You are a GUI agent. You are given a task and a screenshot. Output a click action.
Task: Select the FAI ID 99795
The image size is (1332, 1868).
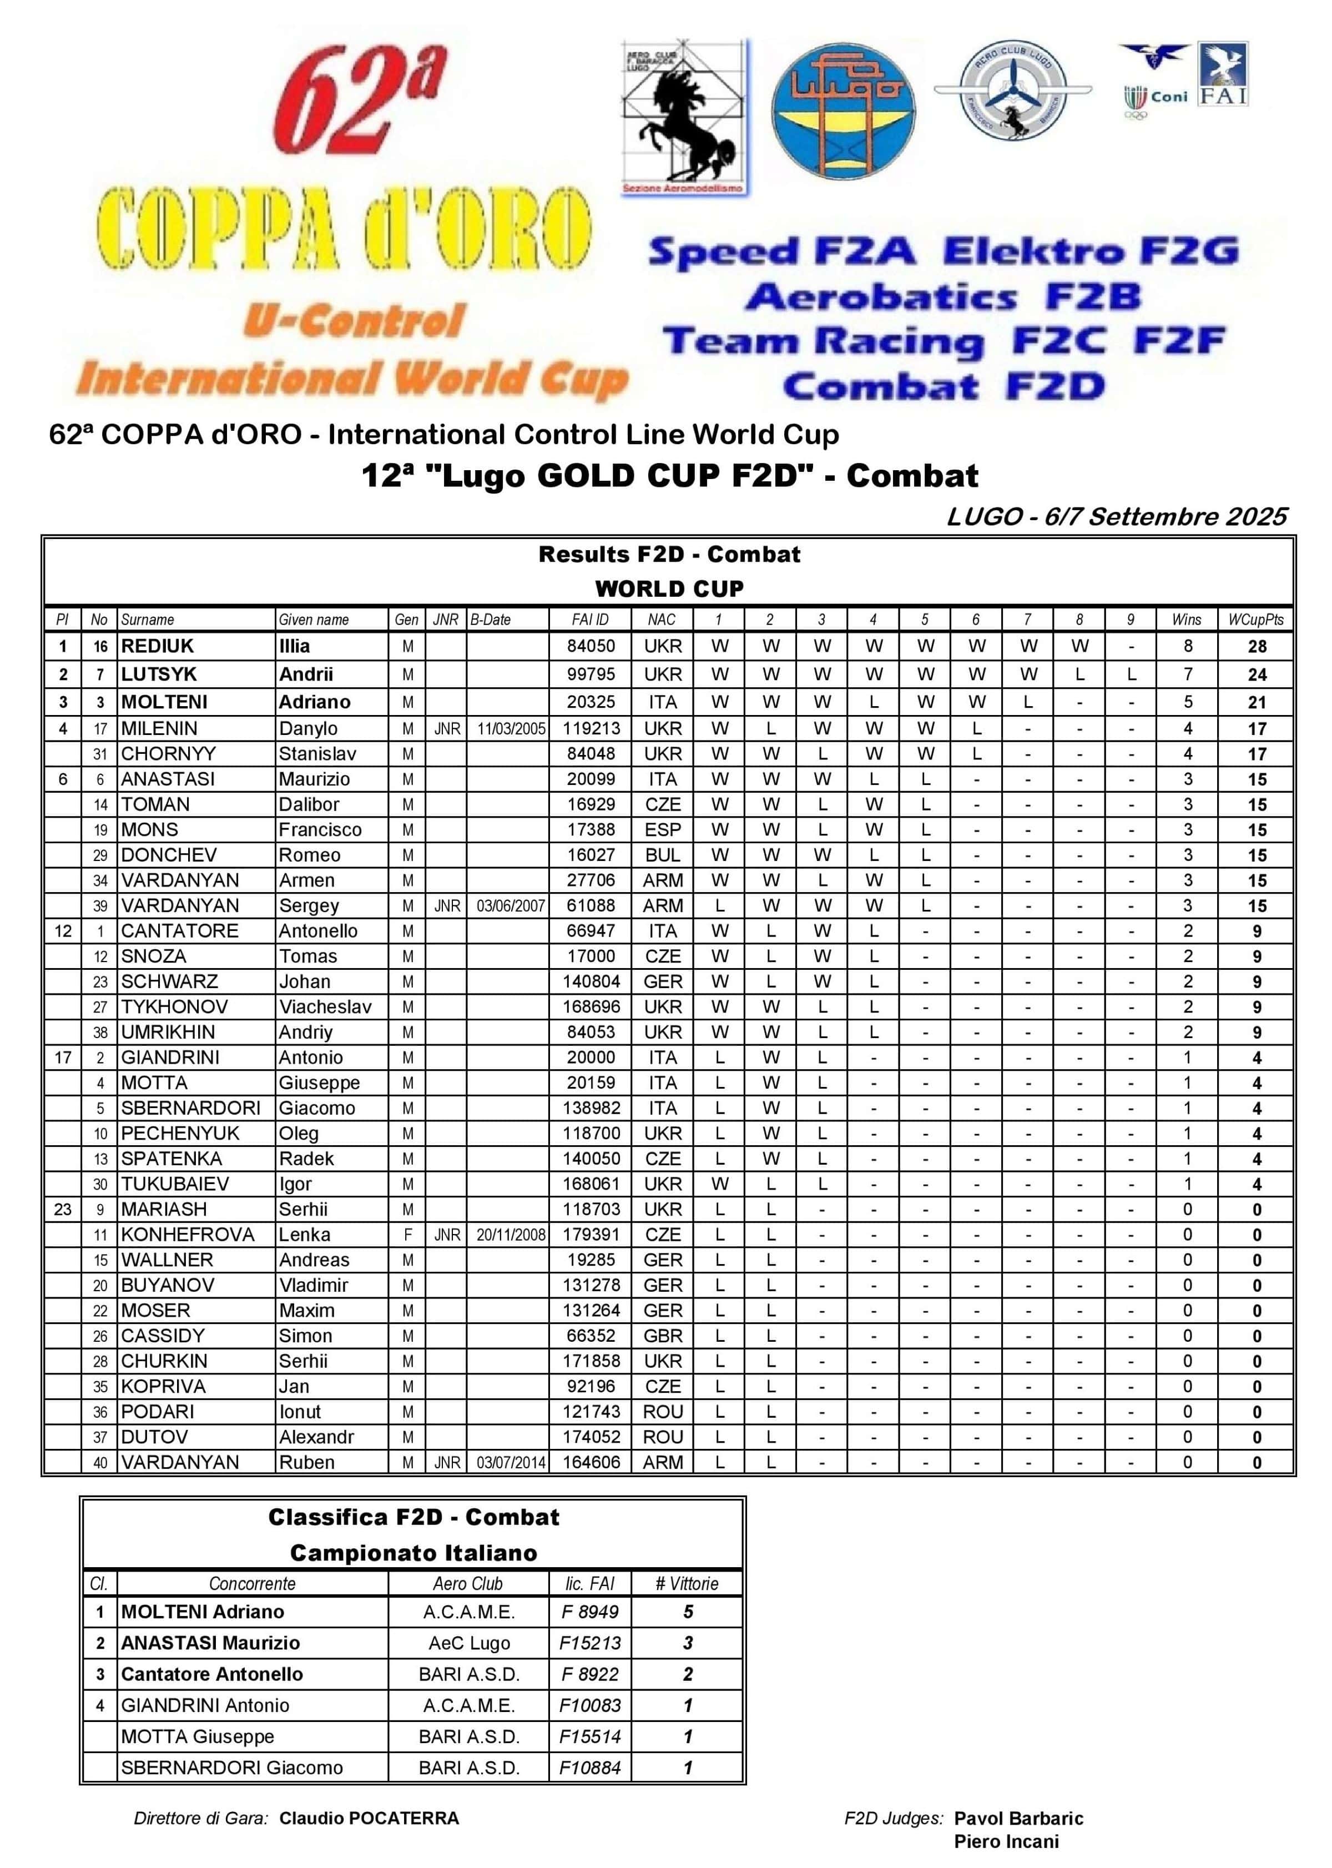(591, 674)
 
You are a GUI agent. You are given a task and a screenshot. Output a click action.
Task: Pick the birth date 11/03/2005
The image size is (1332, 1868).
(511, 728)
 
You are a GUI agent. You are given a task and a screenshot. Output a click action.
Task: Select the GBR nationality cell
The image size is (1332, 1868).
(662, 1336)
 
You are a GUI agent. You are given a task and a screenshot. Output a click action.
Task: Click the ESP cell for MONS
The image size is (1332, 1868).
(662, 829)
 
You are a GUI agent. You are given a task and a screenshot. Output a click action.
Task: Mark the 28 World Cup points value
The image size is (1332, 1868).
(1257, 647)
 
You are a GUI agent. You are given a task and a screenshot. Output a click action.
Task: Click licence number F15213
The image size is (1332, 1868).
(590, 1643)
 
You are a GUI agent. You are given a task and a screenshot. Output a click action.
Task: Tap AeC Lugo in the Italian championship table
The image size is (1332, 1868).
(468, 1643)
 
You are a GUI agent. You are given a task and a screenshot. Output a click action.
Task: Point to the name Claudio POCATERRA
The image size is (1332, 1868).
(369, 1818)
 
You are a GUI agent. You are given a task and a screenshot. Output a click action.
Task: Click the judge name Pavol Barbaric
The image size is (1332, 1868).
(1018, 1818)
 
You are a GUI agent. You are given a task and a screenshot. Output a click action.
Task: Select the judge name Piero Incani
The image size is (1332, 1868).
(1006, 1842)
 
